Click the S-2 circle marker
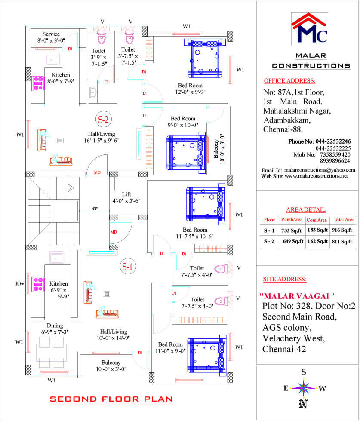click(103, 119)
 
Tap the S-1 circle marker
click(127, 266)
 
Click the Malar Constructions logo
click(310, 29)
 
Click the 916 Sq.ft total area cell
click(342, 230)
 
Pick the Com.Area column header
click(317, 220)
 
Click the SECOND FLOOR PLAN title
click(111, 399)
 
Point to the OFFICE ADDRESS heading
click(289, 80)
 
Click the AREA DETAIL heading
click(306, 209)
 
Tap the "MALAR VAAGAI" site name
click(297, 296)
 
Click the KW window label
click(20, 283)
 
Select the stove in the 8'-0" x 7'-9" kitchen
click(38, 83)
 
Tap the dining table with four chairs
click(51, 353)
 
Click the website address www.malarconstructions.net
click(316, 176)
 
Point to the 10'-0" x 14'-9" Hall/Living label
click(113, 335)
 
